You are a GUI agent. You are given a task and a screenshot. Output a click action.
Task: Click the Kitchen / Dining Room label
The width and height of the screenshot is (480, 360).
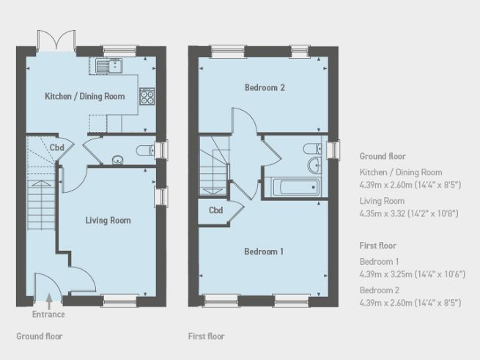click(x=85, y=96)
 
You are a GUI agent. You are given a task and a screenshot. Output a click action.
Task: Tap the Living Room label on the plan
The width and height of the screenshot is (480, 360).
click(x=108, y=220)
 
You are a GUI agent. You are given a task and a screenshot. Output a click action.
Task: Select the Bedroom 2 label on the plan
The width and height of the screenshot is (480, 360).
click(x=265, y=88)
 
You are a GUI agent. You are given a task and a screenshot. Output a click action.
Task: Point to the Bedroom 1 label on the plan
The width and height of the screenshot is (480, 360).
click(x=264, y=251)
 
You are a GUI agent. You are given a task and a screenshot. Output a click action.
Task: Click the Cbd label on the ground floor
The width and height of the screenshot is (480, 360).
click(x=56, y=148)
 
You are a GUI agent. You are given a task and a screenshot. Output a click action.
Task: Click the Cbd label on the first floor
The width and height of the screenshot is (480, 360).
click(x=215, y=210)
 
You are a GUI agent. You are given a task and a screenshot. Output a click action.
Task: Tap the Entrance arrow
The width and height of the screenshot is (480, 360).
click(x=48, y=301)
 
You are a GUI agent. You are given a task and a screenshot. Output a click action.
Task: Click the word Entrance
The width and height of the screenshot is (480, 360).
click(x=48, y=315)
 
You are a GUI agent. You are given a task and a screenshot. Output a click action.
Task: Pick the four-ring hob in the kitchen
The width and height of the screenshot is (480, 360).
click(x=147, y=96)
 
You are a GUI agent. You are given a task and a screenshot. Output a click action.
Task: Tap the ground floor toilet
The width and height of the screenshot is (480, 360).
click(x=145, y=150)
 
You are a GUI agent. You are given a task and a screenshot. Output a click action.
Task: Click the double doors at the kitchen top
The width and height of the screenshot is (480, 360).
click(x=56, y=40)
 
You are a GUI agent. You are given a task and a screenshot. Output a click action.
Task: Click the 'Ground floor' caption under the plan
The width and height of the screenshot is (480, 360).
click(x=40, y=337)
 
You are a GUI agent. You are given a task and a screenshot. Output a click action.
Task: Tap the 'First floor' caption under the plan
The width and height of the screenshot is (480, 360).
click(x=206, y=337)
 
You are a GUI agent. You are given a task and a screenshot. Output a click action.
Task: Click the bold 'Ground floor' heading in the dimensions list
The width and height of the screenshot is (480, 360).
click(x=383, y=156)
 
